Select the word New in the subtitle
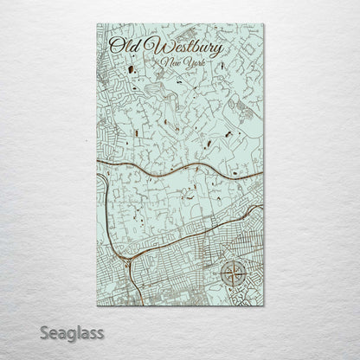coord(173,62)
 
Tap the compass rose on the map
coord(233,274)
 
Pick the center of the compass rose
coord(233,274)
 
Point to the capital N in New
coord(167,62)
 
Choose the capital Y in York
coord(189,62)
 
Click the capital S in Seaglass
coord(42,331)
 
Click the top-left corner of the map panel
coord(97,24)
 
